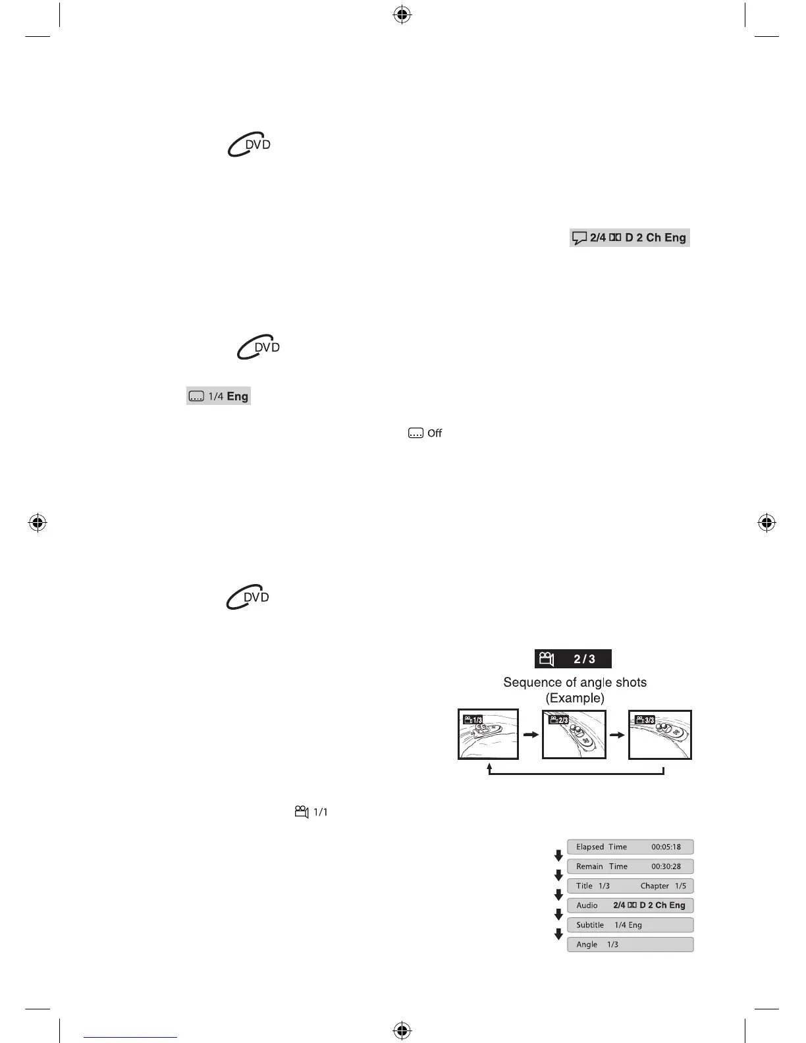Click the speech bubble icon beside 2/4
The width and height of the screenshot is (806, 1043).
579,238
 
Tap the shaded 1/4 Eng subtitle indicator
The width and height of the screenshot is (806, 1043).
219,396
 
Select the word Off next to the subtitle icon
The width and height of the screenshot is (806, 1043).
435,433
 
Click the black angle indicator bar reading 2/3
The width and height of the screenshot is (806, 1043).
572,658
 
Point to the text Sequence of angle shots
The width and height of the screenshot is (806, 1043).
575,682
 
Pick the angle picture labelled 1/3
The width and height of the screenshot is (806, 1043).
488,734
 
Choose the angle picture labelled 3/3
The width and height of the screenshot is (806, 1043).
660,734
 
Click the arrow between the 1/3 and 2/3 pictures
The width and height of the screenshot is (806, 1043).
530,734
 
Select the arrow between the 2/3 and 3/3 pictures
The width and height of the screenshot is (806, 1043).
617,734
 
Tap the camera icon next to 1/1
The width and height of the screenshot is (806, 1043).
302,812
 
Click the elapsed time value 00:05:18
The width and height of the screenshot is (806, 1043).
666,847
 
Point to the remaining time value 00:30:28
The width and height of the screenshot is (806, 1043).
666,867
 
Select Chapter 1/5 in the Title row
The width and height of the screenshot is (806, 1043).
663,886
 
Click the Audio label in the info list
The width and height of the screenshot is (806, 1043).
587,905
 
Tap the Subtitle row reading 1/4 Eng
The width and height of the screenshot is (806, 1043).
630,925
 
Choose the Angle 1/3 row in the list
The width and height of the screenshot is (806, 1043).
630,945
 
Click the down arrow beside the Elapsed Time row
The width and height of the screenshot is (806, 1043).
558,856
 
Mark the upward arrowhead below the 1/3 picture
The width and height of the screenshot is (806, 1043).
489,767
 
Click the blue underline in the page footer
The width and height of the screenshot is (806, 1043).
130,1037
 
